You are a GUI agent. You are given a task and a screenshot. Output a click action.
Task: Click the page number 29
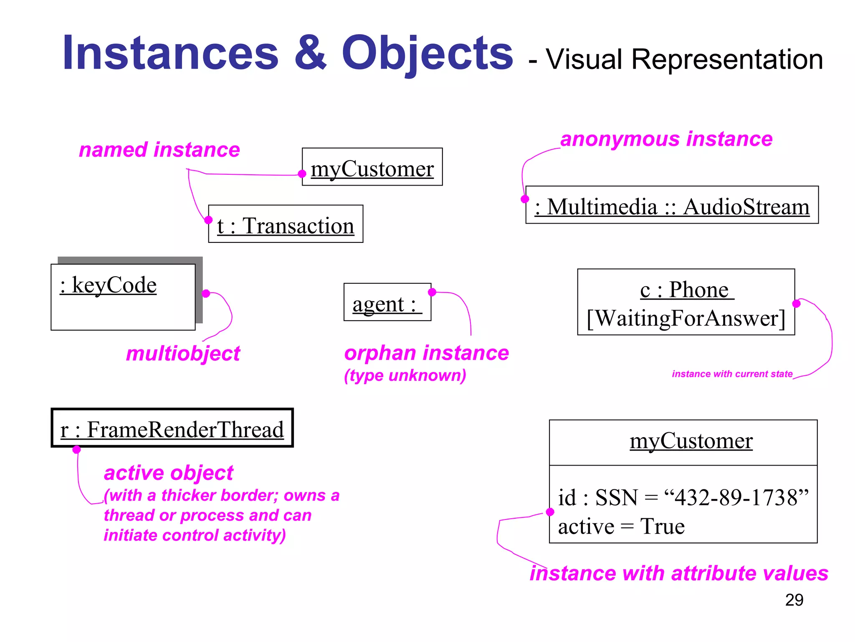pos(794,600)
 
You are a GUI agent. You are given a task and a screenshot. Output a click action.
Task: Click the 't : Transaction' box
pos(286,224)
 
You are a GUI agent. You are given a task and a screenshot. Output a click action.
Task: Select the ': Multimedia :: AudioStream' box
pos(672,206)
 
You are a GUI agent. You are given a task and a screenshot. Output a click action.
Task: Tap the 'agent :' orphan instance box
pos(387,303)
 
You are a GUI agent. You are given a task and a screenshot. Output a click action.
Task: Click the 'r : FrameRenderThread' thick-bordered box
pos(172,428)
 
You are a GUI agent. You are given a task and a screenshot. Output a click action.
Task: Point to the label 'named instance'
pos(159,150)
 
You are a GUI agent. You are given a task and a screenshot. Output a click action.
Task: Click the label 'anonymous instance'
pos(666,139)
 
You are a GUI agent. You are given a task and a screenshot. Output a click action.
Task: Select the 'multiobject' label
pos(183,354)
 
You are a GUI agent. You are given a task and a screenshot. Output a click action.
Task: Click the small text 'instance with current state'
pos(732,374)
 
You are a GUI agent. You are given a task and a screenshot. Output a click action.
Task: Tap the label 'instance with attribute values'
pos(679,573)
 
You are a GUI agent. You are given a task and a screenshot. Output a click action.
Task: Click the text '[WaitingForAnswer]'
pos(686,318)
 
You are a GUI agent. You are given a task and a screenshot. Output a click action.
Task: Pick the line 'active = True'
pos(621,526)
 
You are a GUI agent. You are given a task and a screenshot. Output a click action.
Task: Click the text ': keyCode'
pos(108,285)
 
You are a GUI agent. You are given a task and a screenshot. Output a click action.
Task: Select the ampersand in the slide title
pos(310,53)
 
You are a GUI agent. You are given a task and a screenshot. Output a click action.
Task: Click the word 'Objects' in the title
pos(427,53)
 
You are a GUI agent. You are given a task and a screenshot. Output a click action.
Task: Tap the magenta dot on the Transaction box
pos(208,220)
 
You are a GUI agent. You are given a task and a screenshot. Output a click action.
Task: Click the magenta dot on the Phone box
pos(796,303)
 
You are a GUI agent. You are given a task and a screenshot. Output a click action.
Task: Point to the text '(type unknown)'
pos(405,375)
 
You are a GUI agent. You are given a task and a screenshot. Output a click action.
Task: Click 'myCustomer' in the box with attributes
pos(691,441)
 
